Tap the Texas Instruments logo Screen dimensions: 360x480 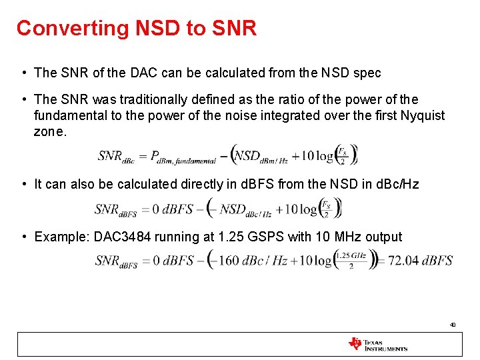[x=377, y=344]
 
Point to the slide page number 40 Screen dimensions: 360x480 [x=453, y=325]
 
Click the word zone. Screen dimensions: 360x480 [x=51, y=131]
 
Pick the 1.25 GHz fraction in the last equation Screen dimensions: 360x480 [x=351, y=260]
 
